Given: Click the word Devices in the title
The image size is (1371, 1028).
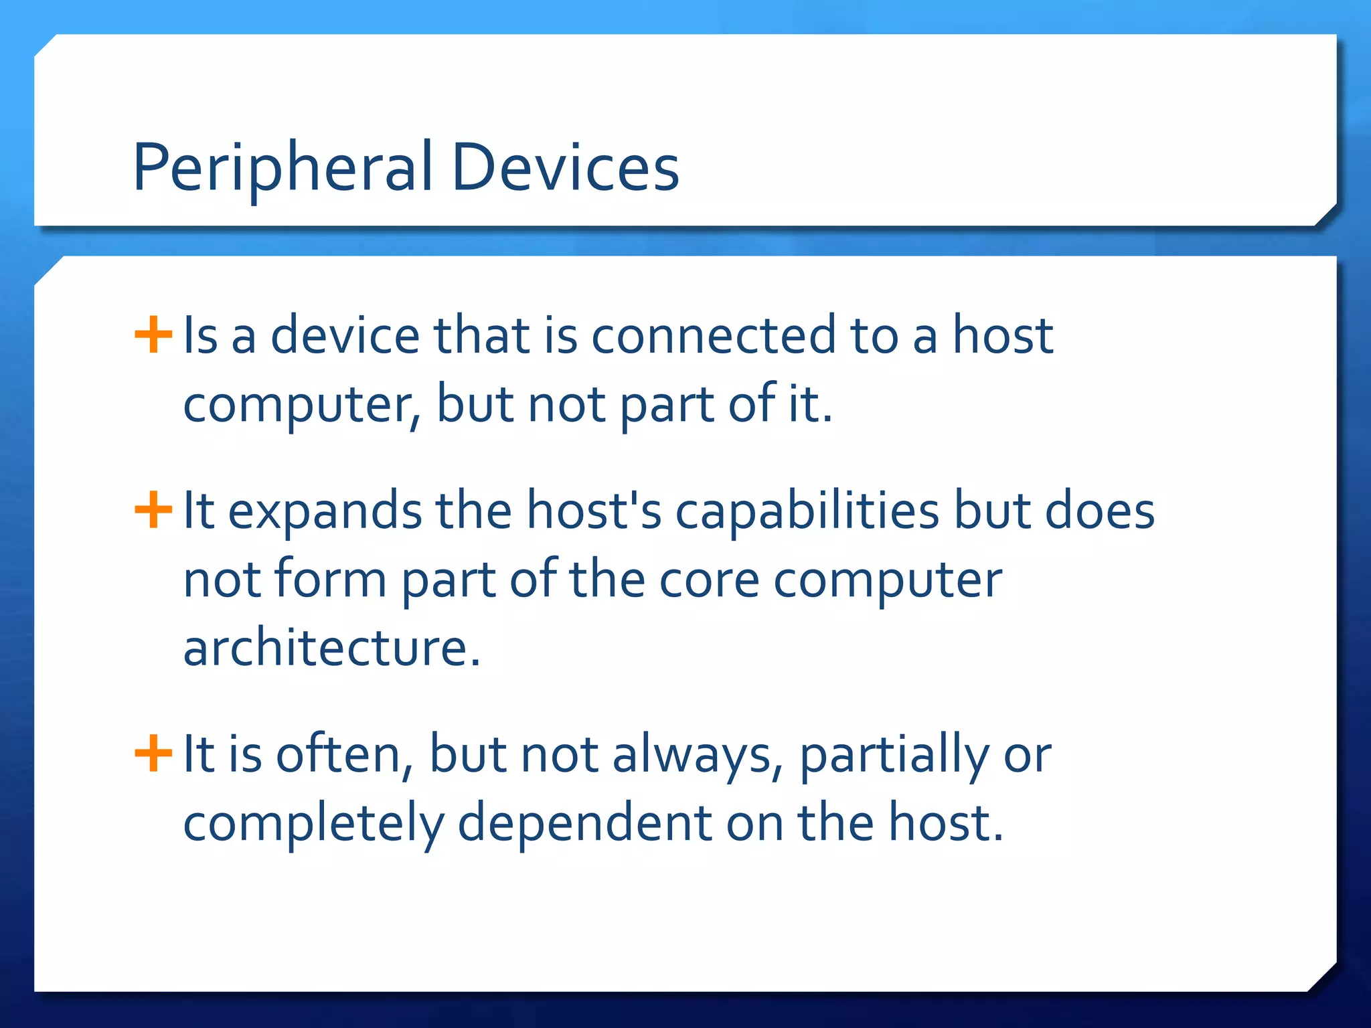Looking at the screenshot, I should point(566,167).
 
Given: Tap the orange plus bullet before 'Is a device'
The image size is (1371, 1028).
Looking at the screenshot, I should point(153,334).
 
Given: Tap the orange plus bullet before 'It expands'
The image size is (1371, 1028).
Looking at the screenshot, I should point(153,510).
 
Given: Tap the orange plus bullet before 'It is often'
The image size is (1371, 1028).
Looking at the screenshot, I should point(153,753).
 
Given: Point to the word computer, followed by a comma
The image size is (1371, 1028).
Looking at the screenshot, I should point(302,406).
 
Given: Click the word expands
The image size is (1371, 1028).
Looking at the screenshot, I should point(325,513).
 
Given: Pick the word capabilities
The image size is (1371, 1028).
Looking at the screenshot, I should point(807,513).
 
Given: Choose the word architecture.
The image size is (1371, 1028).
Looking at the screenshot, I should point(331,649).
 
